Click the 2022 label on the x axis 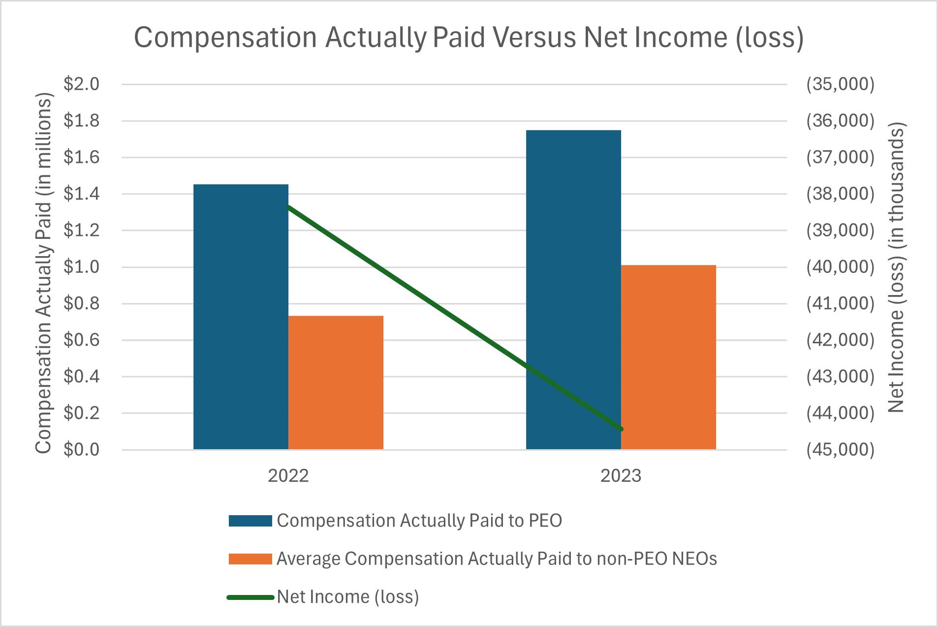click(x=288, y=476)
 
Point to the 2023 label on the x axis click(x=621, y=476)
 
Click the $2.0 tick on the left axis click(x=81, y=84)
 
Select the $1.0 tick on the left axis click(x=81, y=267)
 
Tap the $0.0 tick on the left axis click(x=81, y=450)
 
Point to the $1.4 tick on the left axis click(x=81, y=194)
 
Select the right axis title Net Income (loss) click(x=897, y=268)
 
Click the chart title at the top click(x=469, y=37)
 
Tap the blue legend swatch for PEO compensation click(x=250, y=521)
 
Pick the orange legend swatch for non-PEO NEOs click(x=250, y=559)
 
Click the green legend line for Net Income click(x=250, y=597)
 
